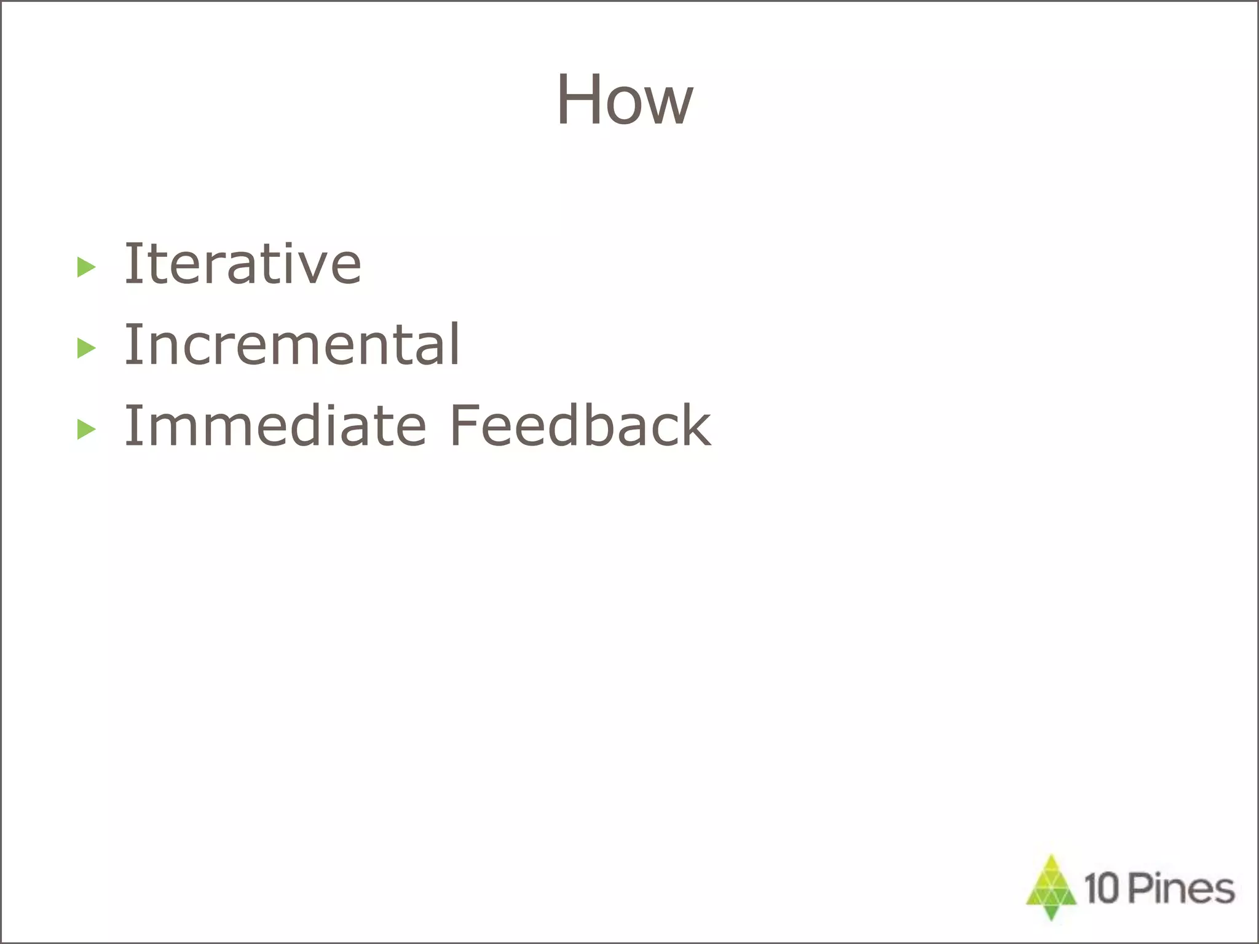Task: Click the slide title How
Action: (625, 100)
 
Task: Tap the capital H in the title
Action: (578, 100)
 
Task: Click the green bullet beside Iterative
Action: (87, 267)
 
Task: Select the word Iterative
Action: (243, 264)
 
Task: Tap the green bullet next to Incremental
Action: (87, 348)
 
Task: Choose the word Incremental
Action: (292, 345)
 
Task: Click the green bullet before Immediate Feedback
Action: (87, 430)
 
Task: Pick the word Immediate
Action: (275, 426)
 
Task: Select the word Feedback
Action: (580, 426)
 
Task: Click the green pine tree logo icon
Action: (1051, 887)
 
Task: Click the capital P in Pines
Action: (1140, 889)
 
